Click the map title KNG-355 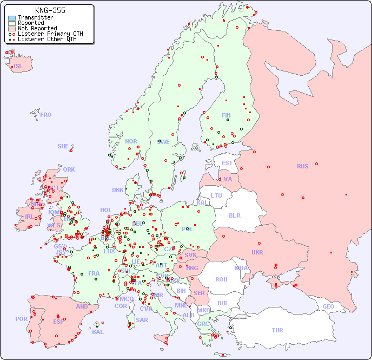[x=50, y=10]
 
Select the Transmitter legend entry [x=35, y=18]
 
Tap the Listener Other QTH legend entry [x=49, y=39]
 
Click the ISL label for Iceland [x=18, y=67]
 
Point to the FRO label [x=46, y=115]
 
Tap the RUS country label [x=302, y=166]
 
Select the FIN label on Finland [x=226, y=115]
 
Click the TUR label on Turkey [x=277, y=330]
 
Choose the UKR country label [x=257, y=252]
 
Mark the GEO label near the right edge [x=328, y=306]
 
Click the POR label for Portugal [x=21, y=319]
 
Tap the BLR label [x=235, y=215]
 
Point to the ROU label [x=221, y=279]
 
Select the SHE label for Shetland [x=63, y=146]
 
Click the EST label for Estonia [x=227, y=163]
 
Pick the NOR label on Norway [x=131, y=141]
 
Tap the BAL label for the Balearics [x=98, y=332]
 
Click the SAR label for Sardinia [x=142, y=320]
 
